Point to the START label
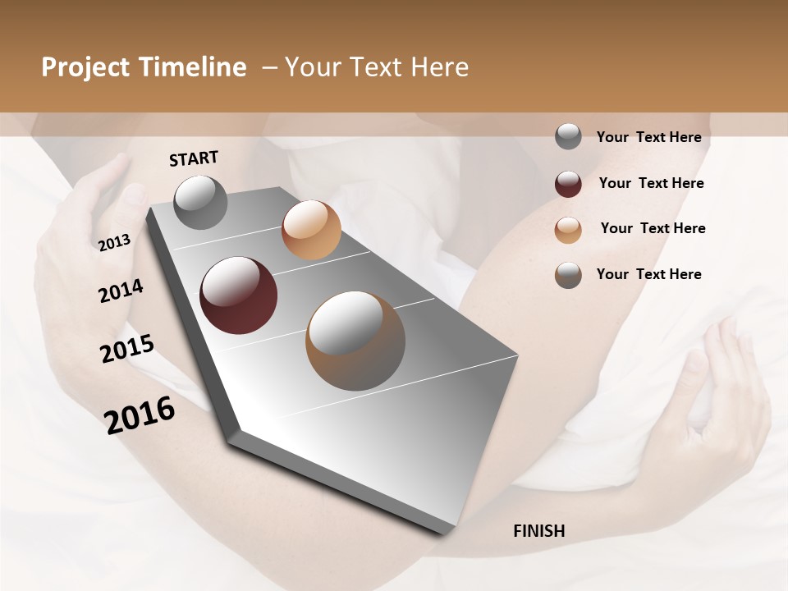point(194,158)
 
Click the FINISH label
point(539,531)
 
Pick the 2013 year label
point(114,243)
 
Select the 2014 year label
point(121,291)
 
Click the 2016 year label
point(140,415)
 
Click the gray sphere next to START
point(200,202)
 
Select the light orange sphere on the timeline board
point(311,230)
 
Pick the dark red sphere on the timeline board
point(238,295)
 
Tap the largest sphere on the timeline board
point(355,341)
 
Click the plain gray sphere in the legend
point(568,137)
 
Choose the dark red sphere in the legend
point(568,184)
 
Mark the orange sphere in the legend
point(568,230)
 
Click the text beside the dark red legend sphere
point(651,183)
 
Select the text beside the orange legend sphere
point(653,228)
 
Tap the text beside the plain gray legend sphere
point(648,137)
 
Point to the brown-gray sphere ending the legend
point(568,275)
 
